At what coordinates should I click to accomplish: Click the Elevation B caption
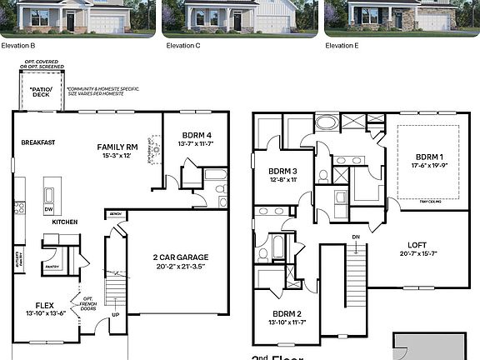(17, 45)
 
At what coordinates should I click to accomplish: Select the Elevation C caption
(180, 45)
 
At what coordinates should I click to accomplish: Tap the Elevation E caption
(342, 45)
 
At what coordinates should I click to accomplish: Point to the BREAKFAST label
(38, 142)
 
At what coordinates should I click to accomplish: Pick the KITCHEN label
(65, 222)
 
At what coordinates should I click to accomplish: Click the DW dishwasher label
(48, 210)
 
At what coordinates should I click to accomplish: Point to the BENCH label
(115, 214)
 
